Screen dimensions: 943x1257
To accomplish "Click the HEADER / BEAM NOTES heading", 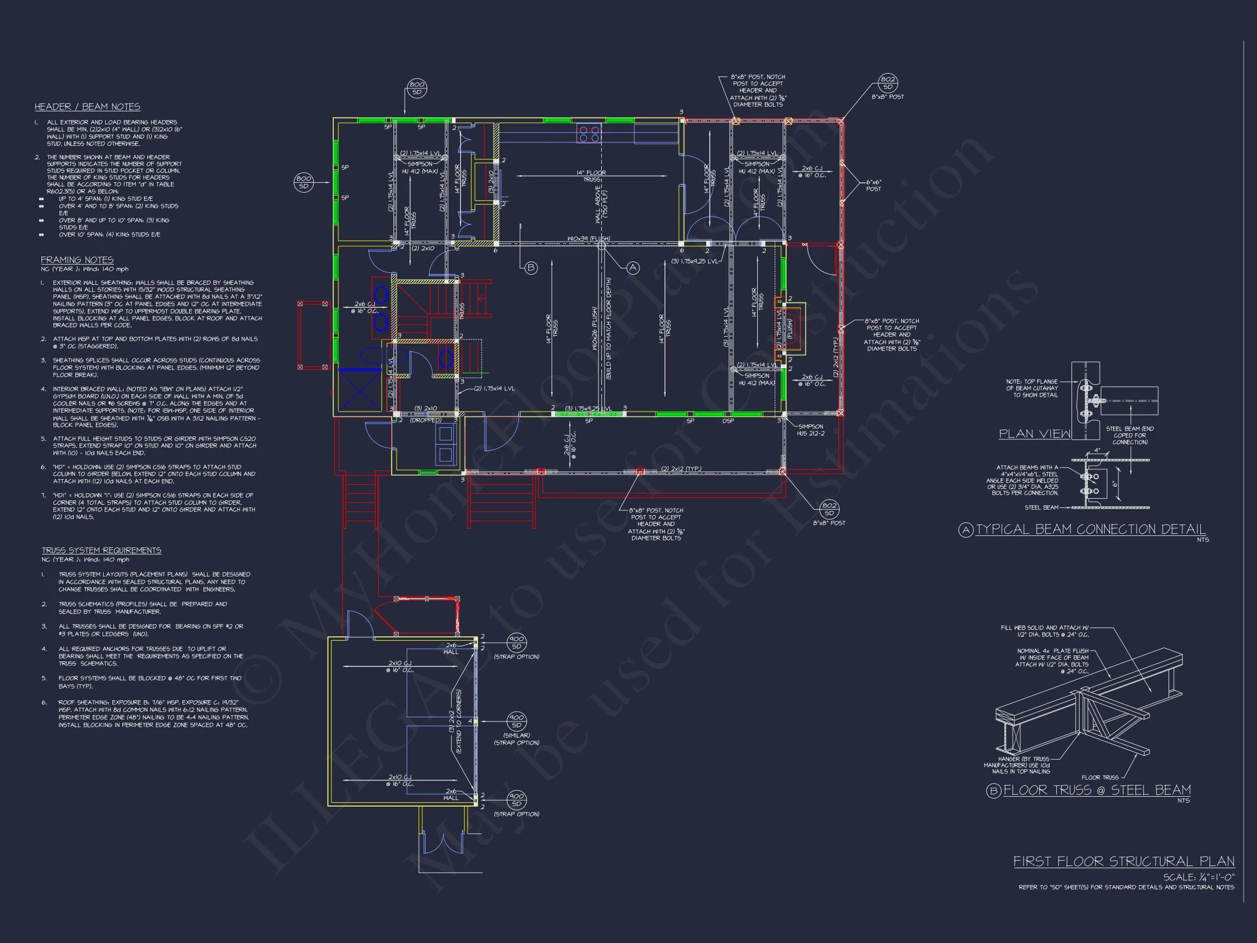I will click(x=87, y=107).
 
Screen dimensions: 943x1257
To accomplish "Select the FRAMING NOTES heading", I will click(x=77, y=260).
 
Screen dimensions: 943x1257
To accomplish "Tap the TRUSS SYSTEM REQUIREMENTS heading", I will click(x=101, y=550).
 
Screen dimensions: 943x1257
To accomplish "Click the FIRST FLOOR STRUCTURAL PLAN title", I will click(x=1123, y=862).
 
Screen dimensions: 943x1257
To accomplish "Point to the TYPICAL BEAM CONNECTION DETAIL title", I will click(x=1091, y=529).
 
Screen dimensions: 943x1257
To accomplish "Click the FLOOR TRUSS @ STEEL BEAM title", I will click(x=1097, y=790).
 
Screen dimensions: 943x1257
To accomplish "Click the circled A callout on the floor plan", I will click(x=632, y=268).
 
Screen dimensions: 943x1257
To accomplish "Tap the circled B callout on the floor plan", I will click(x=531, y=268).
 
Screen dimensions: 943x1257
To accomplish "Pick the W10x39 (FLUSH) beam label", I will click(x=588, y=238).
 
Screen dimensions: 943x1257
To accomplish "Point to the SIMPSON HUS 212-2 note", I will click(x=810, y=429).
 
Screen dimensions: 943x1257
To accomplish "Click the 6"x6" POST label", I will click(x=873, y=186).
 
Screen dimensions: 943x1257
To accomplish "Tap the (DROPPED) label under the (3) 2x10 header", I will click(x=426, y=420).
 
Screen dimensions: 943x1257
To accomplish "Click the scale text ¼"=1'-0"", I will click(x=1199, y=877).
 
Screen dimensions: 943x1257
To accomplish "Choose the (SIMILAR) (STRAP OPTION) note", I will click(x=516, y=739).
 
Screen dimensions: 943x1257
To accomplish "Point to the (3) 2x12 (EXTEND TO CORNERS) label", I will click(x=455, y=721).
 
